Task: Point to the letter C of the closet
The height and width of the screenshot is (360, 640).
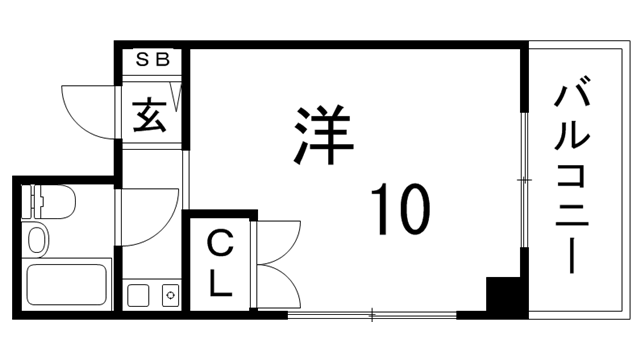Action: click(x=219, y=243)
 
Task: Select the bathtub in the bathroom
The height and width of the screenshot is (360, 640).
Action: click(x=68, y=286)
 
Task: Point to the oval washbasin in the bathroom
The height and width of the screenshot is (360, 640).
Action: click(x=37, y=240)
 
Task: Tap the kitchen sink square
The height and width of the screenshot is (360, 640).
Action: click(x=138, y=296)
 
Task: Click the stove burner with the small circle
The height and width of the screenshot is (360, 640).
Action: click(x=169, y=296)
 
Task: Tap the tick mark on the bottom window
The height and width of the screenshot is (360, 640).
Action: click(x=372, y=316)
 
